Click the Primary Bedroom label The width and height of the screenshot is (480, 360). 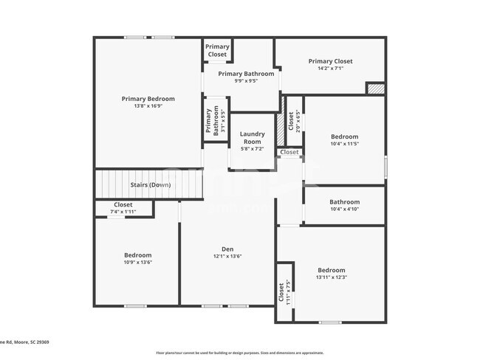(x=148, y=99)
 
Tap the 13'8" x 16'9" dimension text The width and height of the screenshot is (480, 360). (x=148, y=106)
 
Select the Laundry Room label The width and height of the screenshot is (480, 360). (x=252, y=137)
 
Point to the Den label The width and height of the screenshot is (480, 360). (x=227, y=249)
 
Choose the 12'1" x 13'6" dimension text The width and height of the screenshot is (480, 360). (x=227, y=256)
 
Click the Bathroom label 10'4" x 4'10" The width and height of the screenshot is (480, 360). (x=344, y=202)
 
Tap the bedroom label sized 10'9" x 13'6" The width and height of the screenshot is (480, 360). (x=137, y=255)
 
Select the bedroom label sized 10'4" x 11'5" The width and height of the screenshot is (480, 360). (x=344, y=136)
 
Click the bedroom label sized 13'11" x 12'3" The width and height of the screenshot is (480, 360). (x=331, y=270)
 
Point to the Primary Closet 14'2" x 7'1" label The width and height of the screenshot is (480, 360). (x=330, y=61)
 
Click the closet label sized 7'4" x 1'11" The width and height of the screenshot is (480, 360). (x=123, y=205)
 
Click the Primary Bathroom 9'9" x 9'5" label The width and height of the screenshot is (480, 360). (x=246, y=74)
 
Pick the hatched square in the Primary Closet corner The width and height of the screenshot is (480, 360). (x=375, y=89)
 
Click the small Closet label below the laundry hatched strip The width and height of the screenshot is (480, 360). (x=289, y=152)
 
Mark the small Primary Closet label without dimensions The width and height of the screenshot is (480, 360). (x=217, y=50)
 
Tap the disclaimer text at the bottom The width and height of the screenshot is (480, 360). (x=240, y=353)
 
